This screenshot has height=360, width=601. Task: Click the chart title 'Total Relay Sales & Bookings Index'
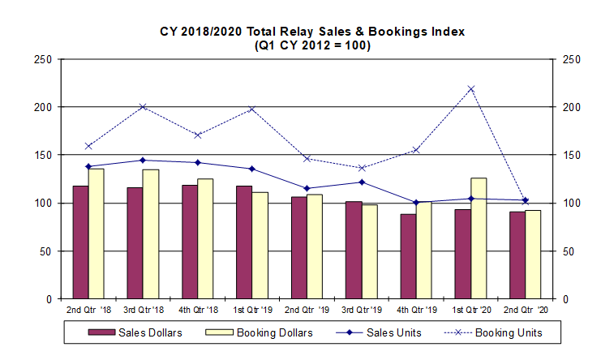pos(311,32)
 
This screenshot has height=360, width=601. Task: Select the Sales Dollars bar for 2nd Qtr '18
pos(80,242)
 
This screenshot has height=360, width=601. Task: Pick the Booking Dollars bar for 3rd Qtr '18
pos(151,234)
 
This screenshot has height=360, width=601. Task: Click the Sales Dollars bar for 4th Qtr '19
pos(408,256)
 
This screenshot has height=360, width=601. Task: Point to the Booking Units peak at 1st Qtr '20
pos(471,88)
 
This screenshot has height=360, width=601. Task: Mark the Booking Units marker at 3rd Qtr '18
pos(143,106)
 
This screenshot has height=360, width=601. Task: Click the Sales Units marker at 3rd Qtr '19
pos(362,182)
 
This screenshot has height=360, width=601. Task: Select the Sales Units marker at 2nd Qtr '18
pos(88,167)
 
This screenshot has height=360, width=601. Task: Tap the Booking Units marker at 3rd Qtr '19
pos(362,168)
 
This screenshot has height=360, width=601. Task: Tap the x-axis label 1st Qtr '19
pos(252,311)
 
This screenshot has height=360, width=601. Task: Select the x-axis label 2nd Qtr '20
pos(526,311)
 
